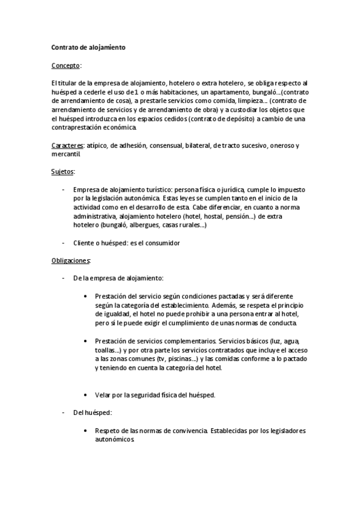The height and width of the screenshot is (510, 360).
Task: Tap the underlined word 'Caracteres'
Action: [x=67, y=146]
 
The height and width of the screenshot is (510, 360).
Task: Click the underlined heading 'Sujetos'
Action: [x=63, y=171]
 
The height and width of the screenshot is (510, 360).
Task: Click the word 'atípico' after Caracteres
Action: [x=97, y=146]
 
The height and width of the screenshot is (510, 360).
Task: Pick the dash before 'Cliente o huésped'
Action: [x=64, y=242]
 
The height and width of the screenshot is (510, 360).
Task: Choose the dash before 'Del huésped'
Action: [x=64, y=413]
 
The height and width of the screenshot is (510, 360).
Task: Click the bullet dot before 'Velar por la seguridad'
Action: [x=88, y=395]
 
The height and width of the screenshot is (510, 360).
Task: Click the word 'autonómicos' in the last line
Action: [x=115, y=440]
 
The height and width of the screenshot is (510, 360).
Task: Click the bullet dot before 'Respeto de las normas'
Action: [x=88, y=431]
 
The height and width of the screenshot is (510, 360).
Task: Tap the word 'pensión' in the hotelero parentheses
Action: [x=238, y=216]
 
